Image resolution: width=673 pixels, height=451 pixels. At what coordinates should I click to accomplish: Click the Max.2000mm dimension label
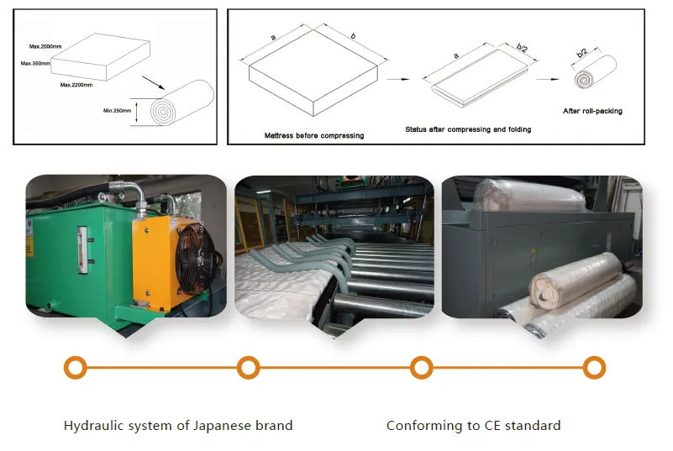pyautogui.click(x=45, y=46)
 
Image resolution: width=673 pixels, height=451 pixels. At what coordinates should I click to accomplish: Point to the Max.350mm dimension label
pyautogui.click(x=35, y=64)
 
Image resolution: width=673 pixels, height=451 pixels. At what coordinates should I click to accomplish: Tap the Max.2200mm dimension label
pyautogui.click(x=76, y=85)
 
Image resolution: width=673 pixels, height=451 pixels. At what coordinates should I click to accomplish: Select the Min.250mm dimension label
pyautogui.click(x=117, y=111)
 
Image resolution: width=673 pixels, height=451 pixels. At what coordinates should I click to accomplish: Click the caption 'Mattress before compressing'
pyautogui.click(x=314, y=135)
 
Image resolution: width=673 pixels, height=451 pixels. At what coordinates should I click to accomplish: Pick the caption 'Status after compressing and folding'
pyautogui.click(x=468, y=129)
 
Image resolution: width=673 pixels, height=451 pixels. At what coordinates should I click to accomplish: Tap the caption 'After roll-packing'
pyautogui.click(x=592, y=111)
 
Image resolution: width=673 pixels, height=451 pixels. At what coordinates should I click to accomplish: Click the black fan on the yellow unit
pyautogui.click(x=196, y=259)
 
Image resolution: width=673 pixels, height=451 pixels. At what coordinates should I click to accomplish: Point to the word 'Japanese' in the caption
pyautogui.click(x=222, y=426)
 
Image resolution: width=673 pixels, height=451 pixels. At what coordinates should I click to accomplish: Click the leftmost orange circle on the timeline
pyautogui.click(x=76, y=368)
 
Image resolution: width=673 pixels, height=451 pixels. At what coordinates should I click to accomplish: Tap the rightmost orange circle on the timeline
pyautogui.click(x=594, y=368)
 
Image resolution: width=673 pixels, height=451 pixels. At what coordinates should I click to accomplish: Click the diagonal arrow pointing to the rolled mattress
pyautogui.click(x=153, y=83)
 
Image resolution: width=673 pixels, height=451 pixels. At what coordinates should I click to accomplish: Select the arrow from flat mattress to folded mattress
pyautogui.click(x=398, y=79)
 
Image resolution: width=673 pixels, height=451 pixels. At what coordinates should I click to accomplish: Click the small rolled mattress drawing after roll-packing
pyautogui.click(x=596, y=72)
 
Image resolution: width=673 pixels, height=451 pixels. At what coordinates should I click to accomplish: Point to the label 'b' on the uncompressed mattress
pyautogui.click(x=353, y=36)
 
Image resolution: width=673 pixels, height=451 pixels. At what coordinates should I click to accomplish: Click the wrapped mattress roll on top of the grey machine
pyautogui.click(x=529, y=195)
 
